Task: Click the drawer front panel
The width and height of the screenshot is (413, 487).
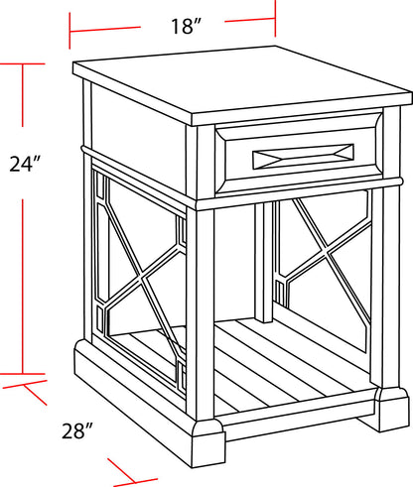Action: [298, 156]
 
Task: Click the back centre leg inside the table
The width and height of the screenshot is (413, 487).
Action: [262, 263]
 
